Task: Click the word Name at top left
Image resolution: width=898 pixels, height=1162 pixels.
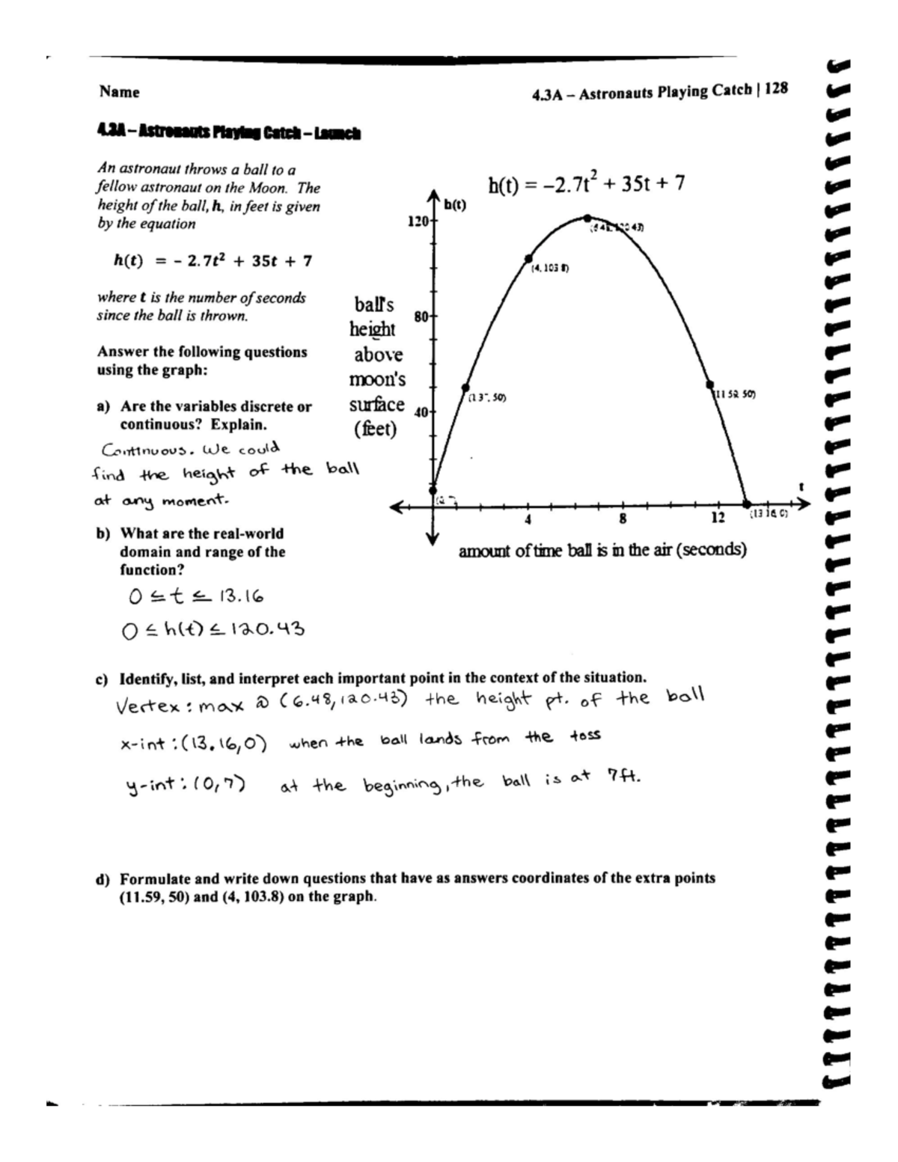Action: click(x=119, y=92)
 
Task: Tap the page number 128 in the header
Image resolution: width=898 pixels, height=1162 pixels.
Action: click(x=776, y=89)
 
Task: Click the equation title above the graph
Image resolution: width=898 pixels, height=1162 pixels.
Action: click(x=586, y=184)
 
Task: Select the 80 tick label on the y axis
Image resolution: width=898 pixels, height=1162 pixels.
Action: click(x=421, y=316)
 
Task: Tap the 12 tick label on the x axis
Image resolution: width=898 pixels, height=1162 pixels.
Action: click(x=718, y=519)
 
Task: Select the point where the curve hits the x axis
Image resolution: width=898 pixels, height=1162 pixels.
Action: click(x=746, y=505)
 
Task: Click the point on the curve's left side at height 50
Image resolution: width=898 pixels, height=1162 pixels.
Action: click(x=465, y=388)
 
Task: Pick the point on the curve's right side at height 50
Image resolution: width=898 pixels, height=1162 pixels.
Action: click(x=709, y=385)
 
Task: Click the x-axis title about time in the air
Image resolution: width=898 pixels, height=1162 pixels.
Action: click(x=602, y=550)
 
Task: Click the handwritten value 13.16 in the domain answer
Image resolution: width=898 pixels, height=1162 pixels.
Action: click(x=239, y=596)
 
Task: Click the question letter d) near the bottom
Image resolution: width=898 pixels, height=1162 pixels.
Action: click(x=104, y=878)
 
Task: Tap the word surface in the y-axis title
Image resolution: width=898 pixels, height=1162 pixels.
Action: click(x=376, y=405)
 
